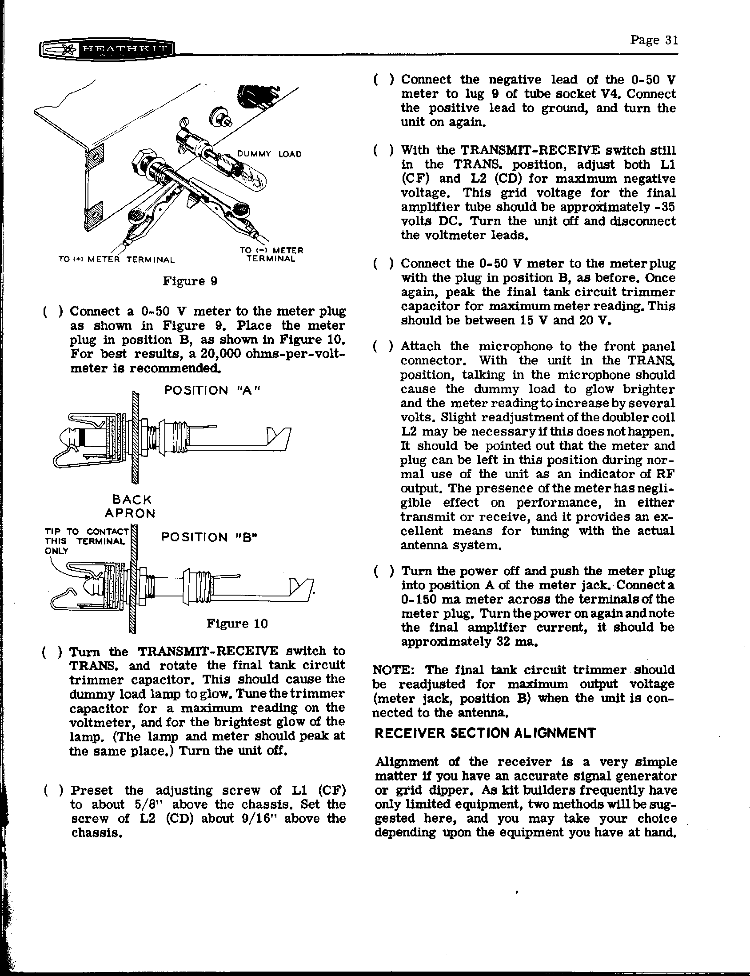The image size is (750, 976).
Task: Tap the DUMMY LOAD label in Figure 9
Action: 269,154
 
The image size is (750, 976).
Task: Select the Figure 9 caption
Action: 190,281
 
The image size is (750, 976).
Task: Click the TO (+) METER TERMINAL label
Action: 116,260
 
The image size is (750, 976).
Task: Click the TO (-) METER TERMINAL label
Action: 271,255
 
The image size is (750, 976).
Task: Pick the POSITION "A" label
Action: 211,390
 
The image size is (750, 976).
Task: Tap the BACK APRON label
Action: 132,506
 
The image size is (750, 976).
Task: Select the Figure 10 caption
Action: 237,623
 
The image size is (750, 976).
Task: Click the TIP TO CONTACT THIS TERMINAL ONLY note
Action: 87,541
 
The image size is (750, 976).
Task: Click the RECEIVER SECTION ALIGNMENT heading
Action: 485,733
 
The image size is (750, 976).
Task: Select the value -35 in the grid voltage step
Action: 664,207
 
